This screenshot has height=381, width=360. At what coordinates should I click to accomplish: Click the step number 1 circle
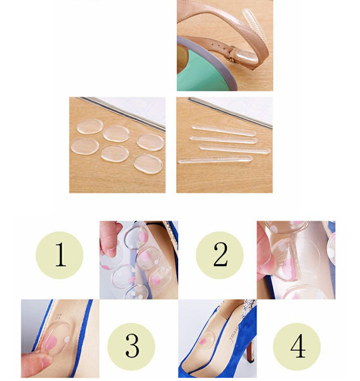(59, 255)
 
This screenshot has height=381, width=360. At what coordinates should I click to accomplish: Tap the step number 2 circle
(220, 255)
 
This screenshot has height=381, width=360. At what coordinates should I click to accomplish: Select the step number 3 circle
(131, 346)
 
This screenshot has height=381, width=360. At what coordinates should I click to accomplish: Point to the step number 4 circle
(297, 346)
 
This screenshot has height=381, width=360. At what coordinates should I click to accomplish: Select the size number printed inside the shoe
(58, 319)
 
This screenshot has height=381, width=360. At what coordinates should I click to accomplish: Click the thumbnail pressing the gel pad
(46, 363)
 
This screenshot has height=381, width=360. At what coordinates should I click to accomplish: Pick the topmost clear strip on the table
(224, 131)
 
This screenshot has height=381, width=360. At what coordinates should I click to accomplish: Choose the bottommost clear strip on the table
(215, 160)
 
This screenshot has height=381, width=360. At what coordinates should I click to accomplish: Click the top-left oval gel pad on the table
(90, 126)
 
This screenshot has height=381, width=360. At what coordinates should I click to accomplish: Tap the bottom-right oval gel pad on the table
(148, 164)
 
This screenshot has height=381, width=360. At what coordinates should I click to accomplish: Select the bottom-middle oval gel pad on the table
(115, 154)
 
